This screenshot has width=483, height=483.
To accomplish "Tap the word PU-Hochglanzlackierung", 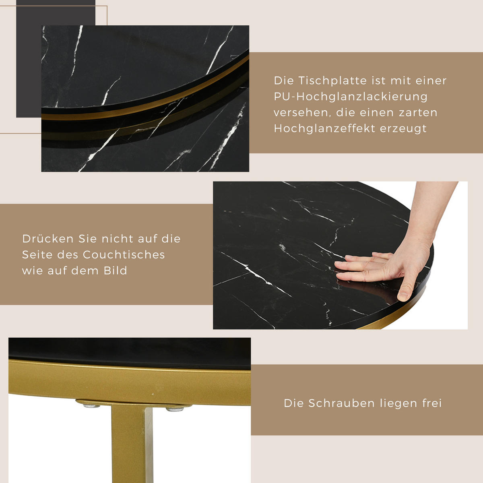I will click(x=351, y=97).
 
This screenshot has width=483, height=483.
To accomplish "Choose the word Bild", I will click(x=116, y=271).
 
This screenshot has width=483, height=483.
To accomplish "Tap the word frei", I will click(x=432, y=403).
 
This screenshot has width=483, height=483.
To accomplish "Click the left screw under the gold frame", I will click(x=92, y=406).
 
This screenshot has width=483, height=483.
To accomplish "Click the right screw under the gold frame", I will click(x=175, y=409).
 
